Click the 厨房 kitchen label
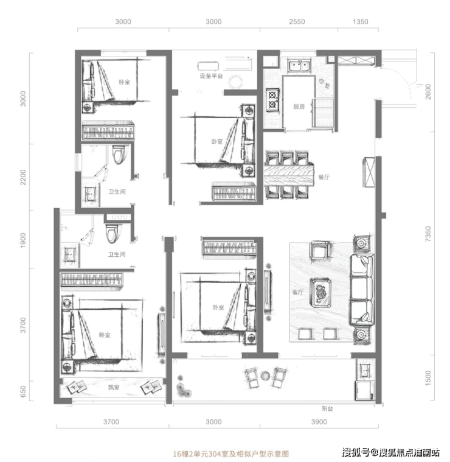(299, 107)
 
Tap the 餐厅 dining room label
(324, 177)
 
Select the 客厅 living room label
(297, 292)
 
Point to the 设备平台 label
(211, 76)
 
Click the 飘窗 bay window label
(114, 387)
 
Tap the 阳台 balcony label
(327, 408)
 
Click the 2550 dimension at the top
(297, 21)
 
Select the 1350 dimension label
(360, 21)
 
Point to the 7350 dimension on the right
(428, 234)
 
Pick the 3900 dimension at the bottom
(319, 422)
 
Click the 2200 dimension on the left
(23, 177)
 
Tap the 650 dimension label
(23, 391)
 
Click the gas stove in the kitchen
(272, 100)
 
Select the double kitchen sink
(299, 66)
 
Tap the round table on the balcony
(266, 376)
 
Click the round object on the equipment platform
(235, 82)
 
